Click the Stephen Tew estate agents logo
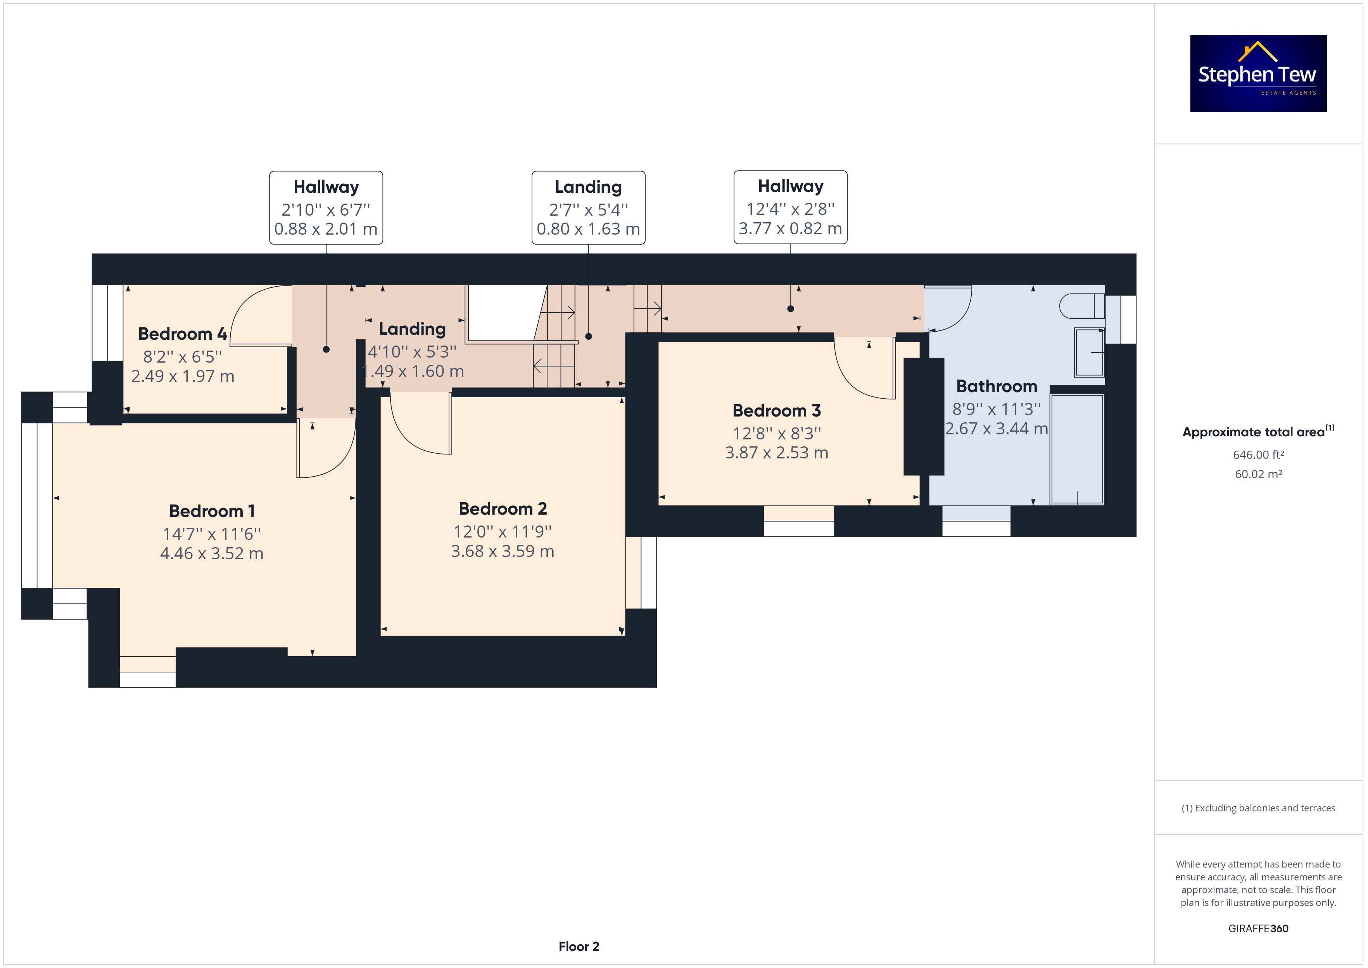pyautogui.click(x=1258, y=73)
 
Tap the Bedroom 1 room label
pyautogui.click(x=212, y=511)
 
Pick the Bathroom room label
pyautogui.click(x=996, y=386)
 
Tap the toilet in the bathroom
pyautogui.click(x=1081, y=306)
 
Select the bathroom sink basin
pyautogui.click(x=1089, y=352)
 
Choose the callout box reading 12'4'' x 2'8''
pyautogui.click(x=790, y=207)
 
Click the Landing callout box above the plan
pyautogui.click(x=588, y=207)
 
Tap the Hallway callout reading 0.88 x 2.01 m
pyautogui.click(x=326, y=207)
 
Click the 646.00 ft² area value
pyautogui.click(x=1258, y=455)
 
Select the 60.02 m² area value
pyautogui.click(x=1258, y=474)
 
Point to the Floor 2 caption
pyautogui.click(x=579, y=947)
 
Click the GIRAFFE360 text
pyautogui.click(x=1258, y=929)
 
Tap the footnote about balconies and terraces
pyautogui.click(x=1258, y=808)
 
